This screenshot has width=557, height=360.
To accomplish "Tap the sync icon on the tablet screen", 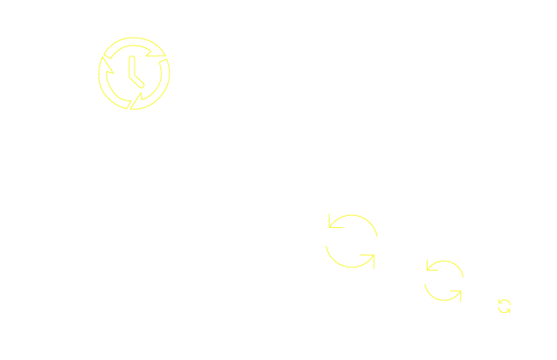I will [443, 280].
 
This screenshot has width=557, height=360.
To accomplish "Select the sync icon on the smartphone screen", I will [505, 307].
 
